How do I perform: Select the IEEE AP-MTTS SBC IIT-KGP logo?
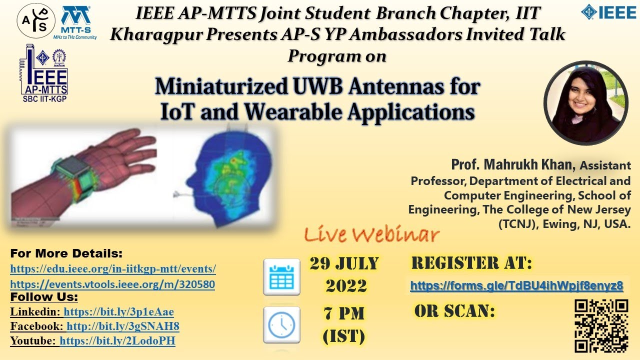[x=44, y=74]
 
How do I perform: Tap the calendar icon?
[x=281, y=276]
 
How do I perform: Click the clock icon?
[x=281, y=324]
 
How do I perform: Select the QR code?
[x=601, y=325]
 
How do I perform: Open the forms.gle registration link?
[x=516, y=286]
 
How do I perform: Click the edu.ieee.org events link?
[x=113, y=269]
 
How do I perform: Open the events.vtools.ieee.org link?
[x=112, y=284]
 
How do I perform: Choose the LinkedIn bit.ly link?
[x=119, y=312]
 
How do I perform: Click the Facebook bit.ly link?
[x=123, y=326]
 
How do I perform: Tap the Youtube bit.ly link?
[x=117, y=341]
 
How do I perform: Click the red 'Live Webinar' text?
[x=372, y=234]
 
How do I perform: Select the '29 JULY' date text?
[x=344, y=263]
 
